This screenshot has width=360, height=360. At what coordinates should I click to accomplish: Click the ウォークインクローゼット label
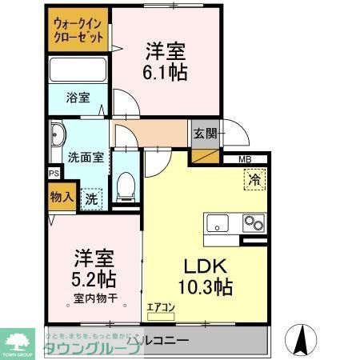click(x=78, y=30)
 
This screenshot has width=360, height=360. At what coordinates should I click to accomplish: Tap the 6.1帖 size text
click(x=166, y=71)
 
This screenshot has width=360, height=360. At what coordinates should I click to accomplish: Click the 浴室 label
click(x=78, y=98)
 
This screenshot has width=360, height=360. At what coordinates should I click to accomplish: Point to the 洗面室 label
click(x=86, y=157)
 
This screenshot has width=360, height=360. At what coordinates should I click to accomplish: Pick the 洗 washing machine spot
click(x=92, y=198)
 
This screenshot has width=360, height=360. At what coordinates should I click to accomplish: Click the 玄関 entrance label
click(x=203, y=133)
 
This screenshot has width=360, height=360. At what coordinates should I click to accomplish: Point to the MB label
click(x=245, y=158)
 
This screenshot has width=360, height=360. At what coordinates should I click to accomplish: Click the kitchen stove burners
click(x=254, y=222)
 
